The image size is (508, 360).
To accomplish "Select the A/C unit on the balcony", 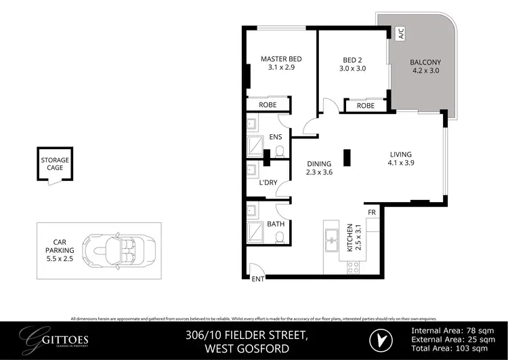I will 401,33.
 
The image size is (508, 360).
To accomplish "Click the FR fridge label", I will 372,213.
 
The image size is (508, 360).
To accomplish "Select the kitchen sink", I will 333,238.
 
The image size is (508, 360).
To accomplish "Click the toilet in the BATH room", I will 279,237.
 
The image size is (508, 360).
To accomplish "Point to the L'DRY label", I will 270,183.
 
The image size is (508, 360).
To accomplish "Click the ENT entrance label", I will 258,279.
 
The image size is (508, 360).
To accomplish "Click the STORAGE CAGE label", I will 55,164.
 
